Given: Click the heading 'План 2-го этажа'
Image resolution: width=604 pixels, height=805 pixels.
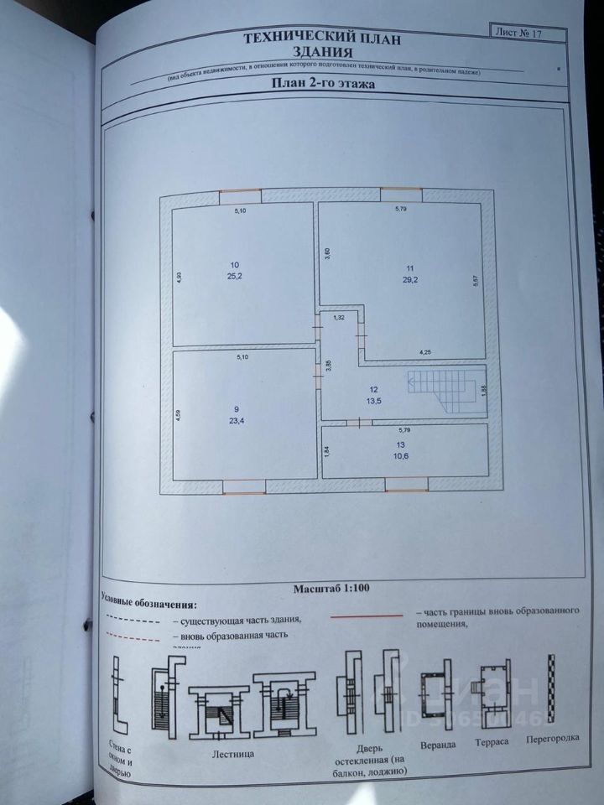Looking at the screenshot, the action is click(322, 84).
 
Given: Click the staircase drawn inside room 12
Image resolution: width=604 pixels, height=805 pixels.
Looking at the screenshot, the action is click(445, 390).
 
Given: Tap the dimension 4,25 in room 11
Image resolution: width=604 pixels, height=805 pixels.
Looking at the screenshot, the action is click(426, 353).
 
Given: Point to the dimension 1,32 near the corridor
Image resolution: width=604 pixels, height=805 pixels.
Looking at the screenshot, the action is click(340, 318).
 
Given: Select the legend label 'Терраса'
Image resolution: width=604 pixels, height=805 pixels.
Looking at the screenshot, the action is click(493, 743).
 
